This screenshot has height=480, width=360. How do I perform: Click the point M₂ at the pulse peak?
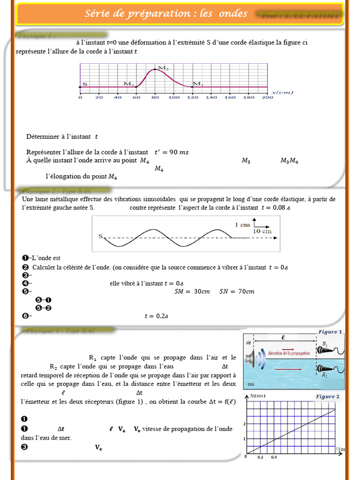click(x=155, y=70)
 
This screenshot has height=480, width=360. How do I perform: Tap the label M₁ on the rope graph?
click(x=128, y=84)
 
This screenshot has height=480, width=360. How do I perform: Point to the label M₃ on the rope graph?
click(x=198, y=84)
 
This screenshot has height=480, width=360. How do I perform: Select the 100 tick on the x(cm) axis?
click(x=173, y=97)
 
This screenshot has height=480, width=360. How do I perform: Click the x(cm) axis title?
click(x=282, y=92)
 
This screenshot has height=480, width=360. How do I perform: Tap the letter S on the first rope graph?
click(x=85, y=84)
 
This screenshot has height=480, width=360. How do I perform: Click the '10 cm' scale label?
click(x=262, y=231)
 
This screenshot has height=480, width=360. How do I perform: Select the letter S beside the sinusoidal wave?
click(x=100, y=237)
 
